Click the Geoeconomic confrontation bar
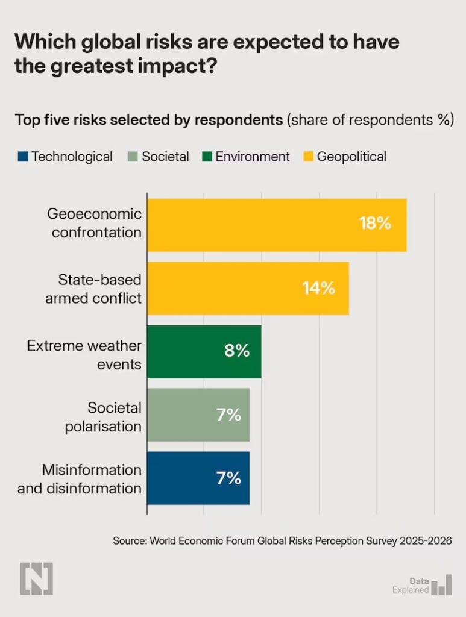click(277, 225)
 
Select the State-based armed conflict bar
click(248, 288)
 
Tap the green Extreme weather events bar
click(204, 351)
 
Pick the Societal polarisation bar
click(198, 415)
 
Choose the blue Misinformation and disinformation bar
click(198, 478)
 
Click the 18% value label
click(375, 224)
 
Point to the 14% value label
click(318, 288)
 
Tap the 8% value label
click(236, 351)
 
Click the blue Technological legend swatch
click(23, 157)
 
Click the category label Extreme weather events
click(84, 355)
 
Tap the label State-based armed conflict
click(93, 289)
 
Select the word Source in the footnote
click(128, 541)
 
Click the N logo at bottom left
click(36, 578)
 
